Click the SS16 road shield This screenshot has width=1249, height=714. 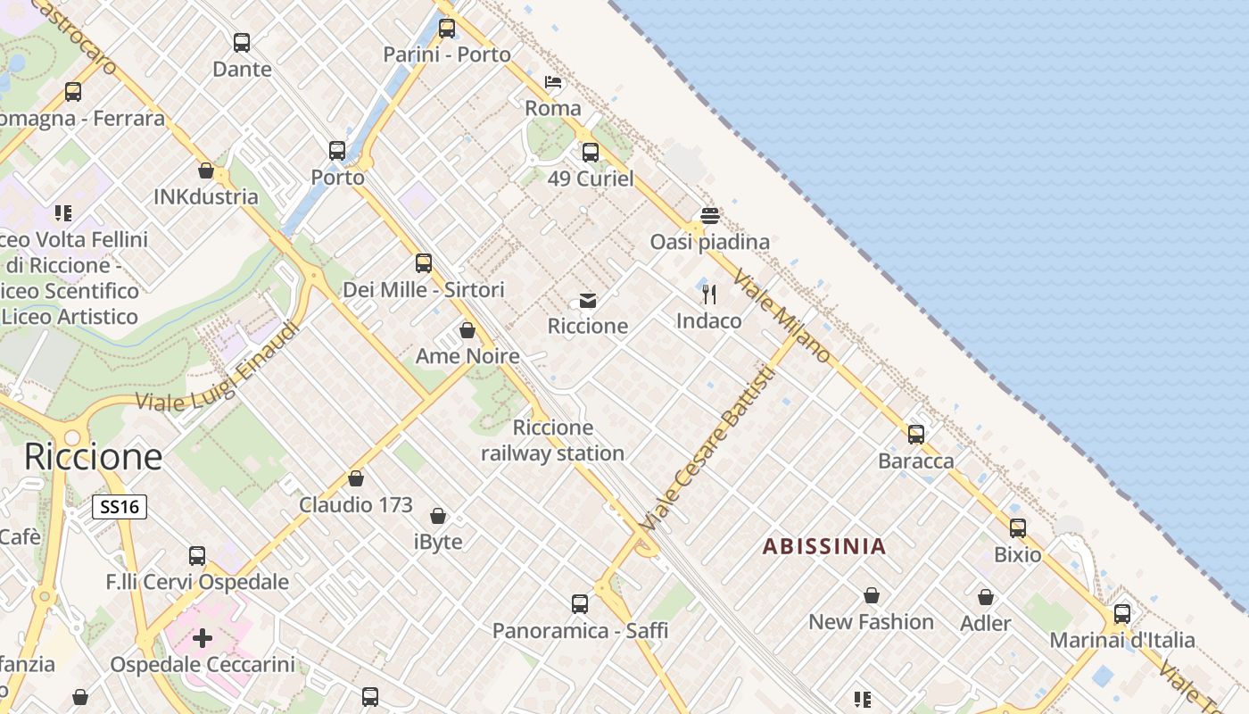pos(120,507)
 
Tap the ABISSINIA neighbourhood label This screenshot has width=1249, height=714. pos(824,546)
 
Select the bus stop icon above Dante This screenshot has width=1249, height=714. pos(242,42)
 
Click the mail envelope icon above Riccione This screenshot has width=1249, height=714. pos(588,301)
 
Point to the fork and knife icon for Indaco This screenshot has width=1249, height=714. pos(709,294)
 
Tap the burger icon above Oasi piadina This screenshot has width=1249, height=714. pos(710,216)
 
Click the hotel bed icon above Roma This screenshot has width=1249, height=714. pos(553,83)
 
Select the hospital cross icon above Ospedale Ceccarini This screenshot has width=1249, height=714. pos(203,638)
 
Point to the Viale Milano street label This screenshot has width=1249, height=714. pos(782,318)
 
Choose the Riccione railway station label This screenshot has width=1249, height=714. pos(553,441)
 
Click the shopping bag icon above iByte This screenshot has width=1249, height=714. pos(438,516)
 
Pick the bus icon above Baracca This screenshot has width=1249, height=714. pos(916,435)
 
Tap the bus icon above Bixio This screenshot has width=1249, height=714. pos(1018,528)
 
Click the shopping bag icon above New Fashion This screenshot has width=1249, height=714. pos(872,595)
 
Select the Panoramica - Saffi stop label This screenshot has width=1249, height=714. pos(580,631)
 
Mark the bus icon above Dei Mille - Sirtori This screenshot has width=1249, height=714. pos(424,263)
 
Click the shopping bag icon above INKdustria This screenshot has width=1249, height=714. pos(206,170)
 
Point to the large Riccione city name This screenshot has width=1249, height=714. pos(94,456)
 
